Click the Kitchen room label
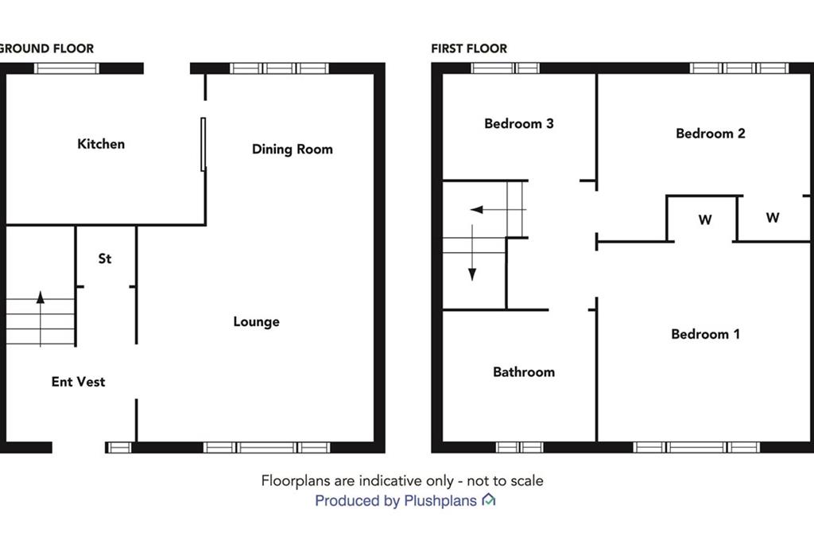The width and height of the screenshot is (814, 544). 101,144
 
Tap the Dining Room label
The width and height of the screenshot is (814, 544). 293,150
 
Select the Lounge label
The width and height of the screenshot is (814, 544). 257,321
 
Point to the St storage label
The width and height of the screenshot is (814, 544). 105,258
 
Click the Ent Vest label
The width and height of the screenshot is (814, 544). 79,382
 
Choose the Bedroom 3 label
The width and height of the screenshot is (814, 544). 519,123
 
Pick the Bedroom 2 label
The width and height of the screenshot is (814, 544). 711,134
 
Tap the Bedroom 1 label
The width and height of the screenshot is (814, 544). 706,334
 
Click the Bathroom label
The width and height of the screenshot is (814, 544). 524,372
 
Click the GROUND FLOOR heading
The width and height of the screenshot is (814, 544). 47,49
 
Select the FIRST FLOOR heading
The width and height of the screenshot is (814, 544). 469,49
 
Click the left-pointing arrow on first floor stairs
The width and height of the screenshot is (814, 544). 498,209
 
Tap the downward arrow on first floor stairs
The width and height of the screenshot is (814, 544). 472,253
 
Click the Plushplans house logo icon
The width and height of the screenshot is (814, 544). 489,499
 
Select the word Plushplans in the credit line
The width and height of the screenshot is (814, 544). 440,501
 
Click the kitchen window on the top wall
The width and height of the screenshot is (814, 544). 67,68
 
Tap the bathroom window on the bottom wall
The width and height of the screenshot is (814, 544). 520,447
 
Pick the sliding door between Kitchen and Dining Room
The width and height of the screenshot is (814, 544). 203,145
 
